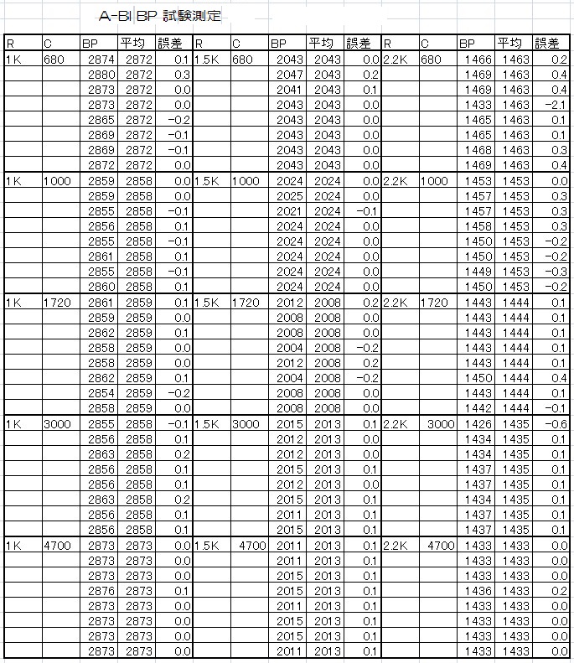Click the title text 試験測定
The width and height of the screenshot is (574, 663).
tap(193, 16)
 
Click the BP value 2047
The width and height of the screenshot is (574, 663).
tap(289, 75)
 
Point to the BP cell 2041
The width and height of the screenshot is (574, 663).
tap(289, 91)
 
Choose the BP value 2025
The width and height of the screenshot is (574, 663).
tap(289, 196)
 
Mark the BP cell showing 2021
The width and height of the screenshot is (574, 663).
tap(289, 211)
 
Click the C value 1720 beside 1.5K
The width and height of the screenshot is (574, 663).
tap(246, 303)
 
